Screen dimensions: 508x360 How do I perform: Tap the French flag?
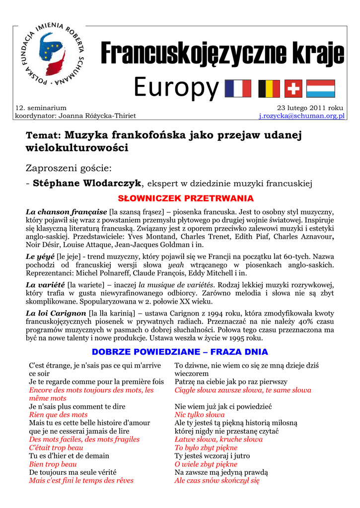click(238, 89)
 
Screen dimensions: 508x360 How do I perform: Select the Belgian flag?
click(269, 89)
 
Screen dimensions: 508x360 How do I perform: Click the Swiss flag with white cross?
click(293, 89)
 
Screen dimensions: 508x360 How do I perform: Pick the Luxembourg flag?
click(321, 89)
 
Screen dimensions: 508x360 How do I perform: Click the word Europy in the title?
click(176, 88)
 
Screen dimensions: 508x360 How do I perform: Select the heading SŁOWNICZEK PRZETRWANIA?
click(180, 198)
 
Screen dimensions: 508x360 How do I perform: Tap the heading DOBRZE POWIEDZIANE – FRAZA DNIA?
click(180, 352)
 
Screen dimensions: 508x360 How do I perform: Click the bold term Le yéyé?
click(40, 256)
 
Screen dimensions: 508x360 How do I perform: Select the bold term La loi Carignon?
click(56, 314)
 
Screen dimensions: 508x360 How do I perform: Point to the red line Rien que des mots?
click(58, 415)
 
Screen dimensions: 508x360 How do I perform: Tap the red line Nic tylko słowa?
click(200, 415)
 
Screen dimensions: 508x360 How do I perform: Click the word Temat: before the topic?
click(43, 135)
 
